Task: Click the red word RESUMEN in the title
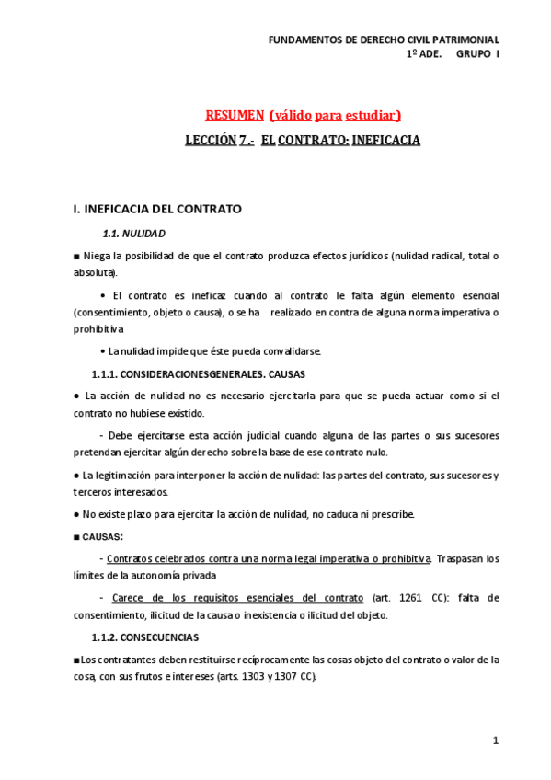234,115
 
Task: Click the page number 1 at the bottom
495,740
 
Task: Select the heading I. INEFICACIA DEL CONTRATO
156,209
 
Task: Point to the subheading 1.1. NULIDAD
133,234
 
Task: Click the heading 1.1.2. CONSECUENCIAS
145,637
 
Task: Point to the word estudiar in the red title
372,115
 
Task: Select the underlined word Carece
131,597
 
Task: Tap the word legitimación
116,475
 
